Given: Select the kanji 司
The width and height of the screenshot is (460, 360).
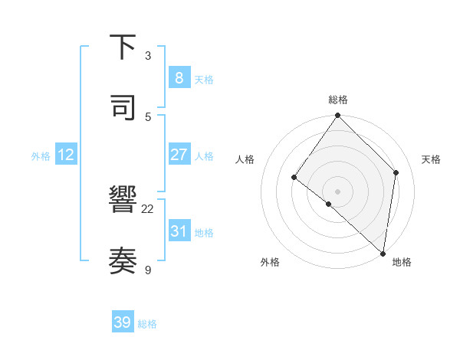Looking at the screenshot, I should coord(123,107).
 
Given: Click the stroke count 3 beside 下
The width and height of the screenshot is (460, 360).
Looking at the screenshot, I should coord(148,56).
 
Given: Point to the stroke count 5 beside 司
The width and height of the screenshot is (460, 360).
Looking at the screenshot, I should coord(148,116).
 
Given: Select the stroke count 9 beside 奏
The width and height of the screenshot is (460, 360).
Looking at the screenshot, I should coord(148,270).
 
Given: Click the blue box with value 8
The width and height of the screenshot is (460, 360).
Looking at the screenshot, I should coord(179,77).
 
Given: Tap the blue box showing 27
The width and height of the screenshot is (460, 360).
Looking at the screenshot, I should coord(179,155).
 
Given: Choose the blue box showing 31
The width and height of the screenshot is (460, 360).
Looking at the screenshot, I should coord(179,231).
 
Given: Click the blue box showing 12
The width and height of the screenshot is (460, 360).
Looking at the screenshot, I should coord(66,155).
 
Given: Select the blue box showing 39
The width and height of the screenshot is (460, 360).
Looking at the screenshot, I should coord(123,322).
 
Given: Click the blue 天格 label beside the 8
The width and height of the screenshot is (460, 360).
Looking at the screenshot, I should coord(204,80).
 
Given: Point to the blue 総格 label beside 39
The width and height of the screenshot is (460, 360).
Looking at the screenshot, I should coord(148,325).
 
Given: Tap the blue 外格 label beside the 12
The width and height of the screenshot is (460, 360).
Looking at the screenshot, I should coord(41,156).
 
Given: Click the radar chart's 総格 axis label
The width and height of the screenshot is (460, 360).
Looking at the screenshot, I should coord(338,100).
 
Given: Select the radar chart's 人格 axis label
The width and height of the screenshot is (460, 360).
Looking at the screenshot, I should coord(245,159).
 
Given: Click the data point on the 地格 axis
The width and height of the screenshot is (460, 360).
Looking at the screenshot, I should coord(383,253).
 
